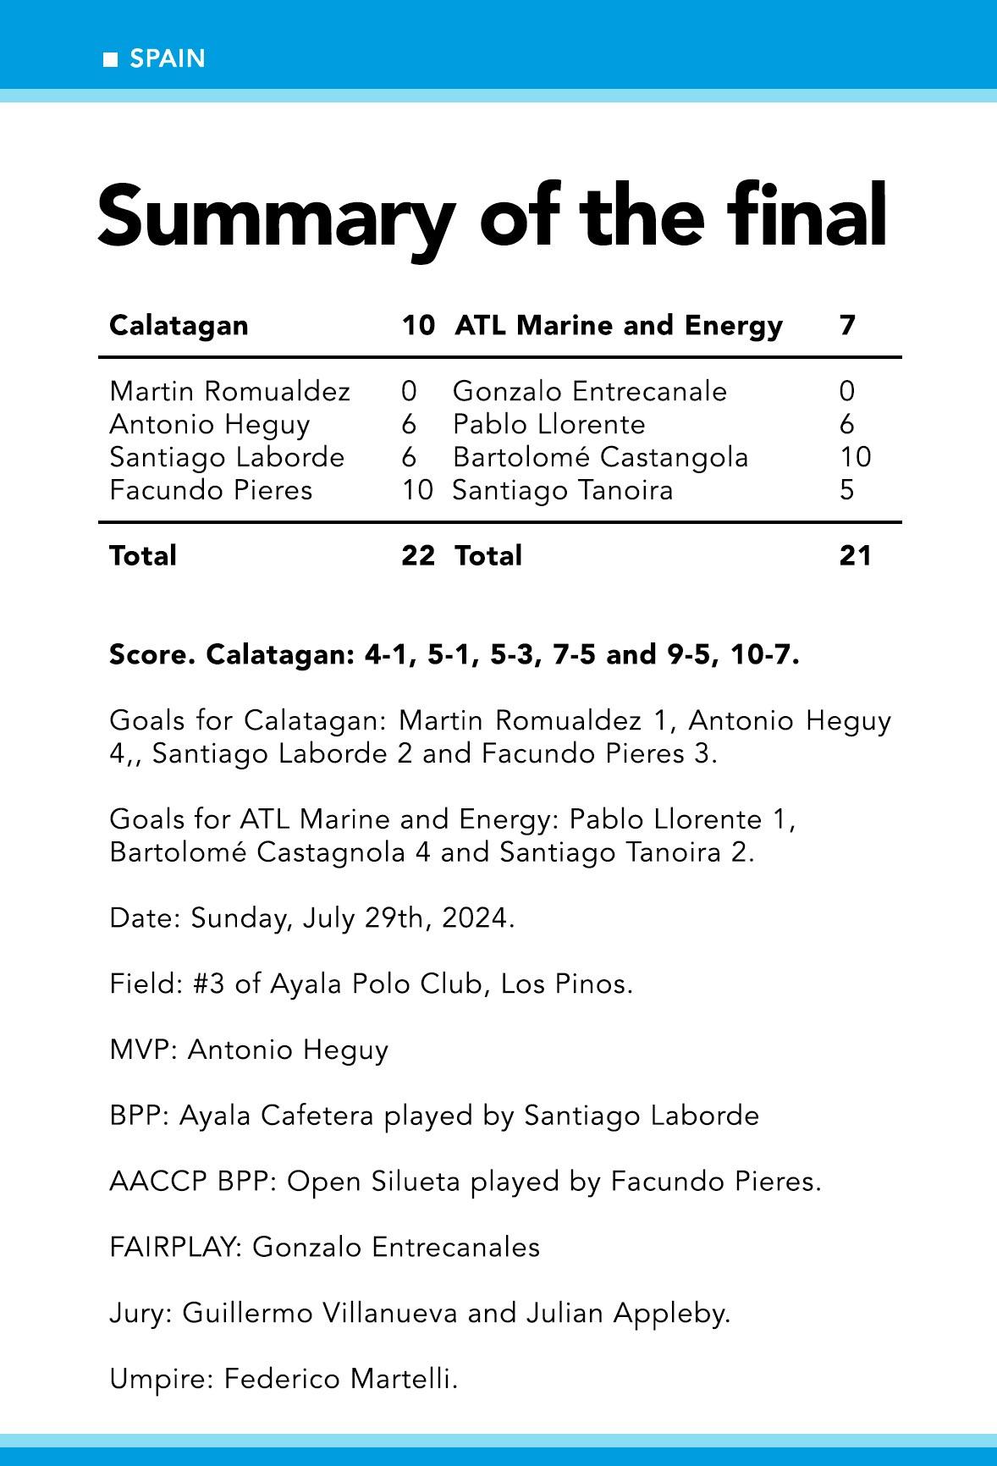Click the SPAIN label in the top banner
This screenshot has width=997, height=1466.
[x=168, y=58]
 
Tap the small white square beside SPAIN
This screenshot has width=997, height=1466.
[x=110, y=59]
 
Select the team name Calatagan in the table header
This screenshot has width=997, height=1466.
[x=179, y=325]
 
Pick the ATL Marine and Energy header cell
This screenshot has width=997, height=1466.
[x=619, y=325]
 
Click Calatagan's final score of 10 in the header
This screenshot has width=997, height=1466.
[x=418, y=325]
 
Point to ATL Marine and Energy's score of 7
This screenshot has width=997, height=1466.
[x=847, y=325]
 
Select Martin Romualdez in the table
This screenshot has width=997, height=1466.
[x=229, y=391]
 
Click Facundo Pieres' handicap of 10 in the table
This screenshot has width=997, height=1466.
[x=417, y=490]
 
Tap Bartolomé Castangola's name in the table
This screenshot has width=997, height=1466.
[x=600, y=457]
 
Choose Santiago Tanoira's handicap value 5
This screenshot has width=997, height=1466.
[x=847, y=490]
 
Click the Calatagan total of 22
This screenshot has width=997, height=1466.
[x=418, y=555]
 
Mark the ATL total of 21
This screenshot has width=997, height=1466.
[x=855, y=555]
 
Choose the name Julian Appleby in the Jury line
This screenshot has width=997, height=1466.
[x=627, y=1313]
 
